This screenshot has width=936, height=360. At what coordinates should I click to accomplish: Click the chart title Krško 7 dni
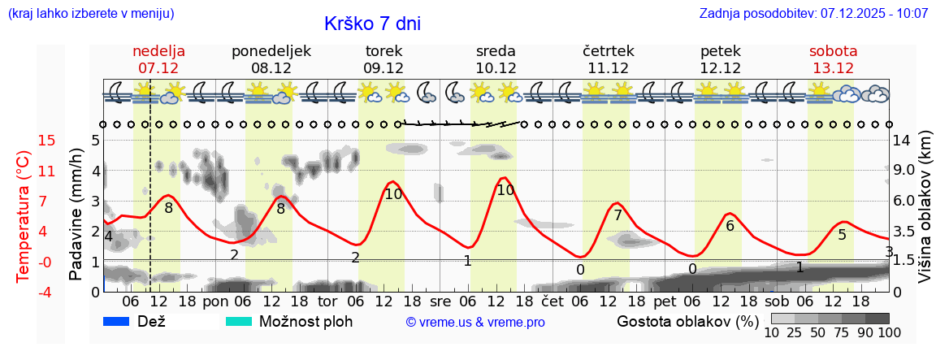(372, 24)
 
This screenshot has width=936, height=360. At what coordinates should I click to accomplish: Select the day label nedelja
(158, 51)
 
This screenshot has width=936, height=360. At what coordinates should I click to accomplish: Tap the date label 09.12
(383, 68)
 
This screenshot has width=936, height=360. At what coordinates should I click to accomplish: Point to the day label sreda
(496, 51)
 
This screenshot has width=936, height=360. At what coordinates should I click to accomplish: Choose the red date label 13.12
(833, 68)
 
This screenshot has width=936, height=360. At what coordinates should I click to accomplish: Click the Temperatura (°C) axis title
(23, 215)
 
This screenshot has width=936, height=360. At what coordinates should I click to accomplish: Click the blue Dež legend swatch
(117, 321)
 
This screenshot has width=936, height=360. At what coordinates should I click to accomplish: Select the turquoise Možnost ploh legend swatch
(238, 321)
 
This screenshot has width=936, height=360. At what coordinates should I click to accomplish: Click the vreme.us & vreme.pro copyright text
(475, 322)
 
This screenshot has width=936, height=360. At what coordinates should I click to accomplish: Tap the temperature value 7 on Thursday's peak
(617, 215)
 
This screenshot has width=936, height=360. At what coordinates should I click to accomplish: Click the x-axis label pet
(664, 301)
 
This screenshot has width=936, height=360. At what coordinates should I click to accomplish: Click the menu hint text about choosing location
(91, 14)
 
